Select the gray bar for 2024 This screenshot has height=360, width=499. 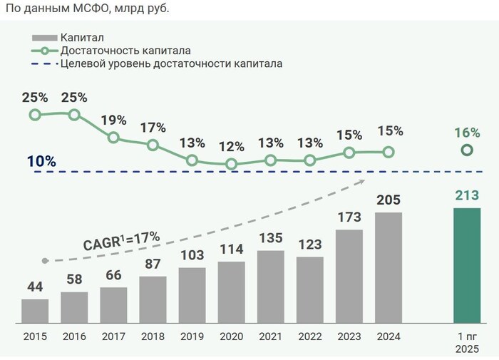388,267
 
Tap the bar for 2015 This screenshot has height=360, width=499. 35,311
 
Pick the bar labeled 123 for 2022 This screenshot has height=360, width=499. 309,289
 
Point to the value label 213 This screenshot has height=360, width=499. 467,195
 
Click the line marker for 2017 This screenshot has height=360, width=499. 113,137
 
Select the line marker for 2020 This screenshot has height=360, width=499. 231,164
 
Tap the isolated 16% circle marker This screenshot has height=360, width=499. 467,150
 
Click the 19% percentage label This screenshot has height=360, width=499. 114,120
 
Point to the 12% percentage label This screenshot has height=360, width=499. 232,147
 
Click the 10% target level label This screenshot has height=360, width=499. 41,161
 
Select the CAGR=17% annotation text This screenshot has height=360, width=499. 122,239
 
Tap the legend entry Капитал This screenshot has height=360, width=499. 79,37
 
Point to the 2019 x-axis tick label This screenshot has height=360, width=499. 192,336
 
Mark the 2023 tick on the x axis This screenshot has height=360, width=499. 349,336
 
